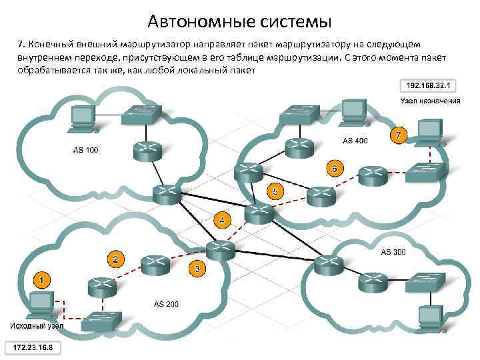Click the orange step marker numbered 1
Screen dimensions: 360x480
(42, 281)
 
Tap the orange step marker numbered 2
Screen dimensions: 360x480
(116, 259)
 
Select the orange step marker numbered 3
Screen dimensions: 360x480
(197, 269)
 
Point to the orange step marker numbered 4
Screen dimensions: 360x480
(222, 219)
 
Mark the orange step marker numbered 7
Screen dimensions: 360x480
(398, 135)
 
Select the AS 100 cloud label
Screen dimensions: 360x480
(85, 150)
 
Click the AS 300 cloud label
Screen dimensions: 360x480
(393, 253)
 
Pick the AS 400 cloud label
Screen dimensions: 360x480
(355, 141)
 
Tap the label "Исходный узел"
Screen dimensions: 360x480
(37, 325)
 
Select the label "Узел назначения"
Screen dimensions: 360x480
(430, 101)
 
